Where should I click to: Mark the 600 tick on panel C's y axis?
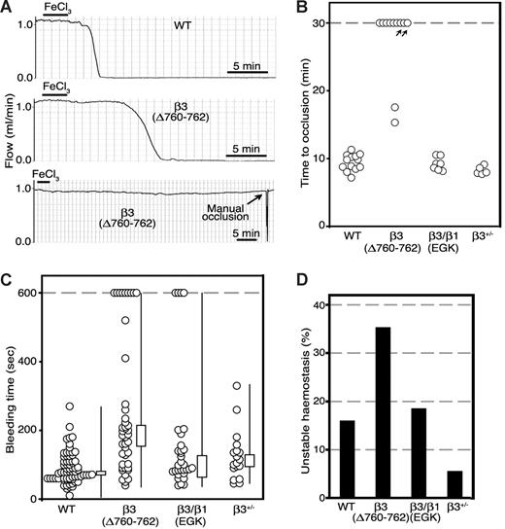[x=26, y=293]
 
